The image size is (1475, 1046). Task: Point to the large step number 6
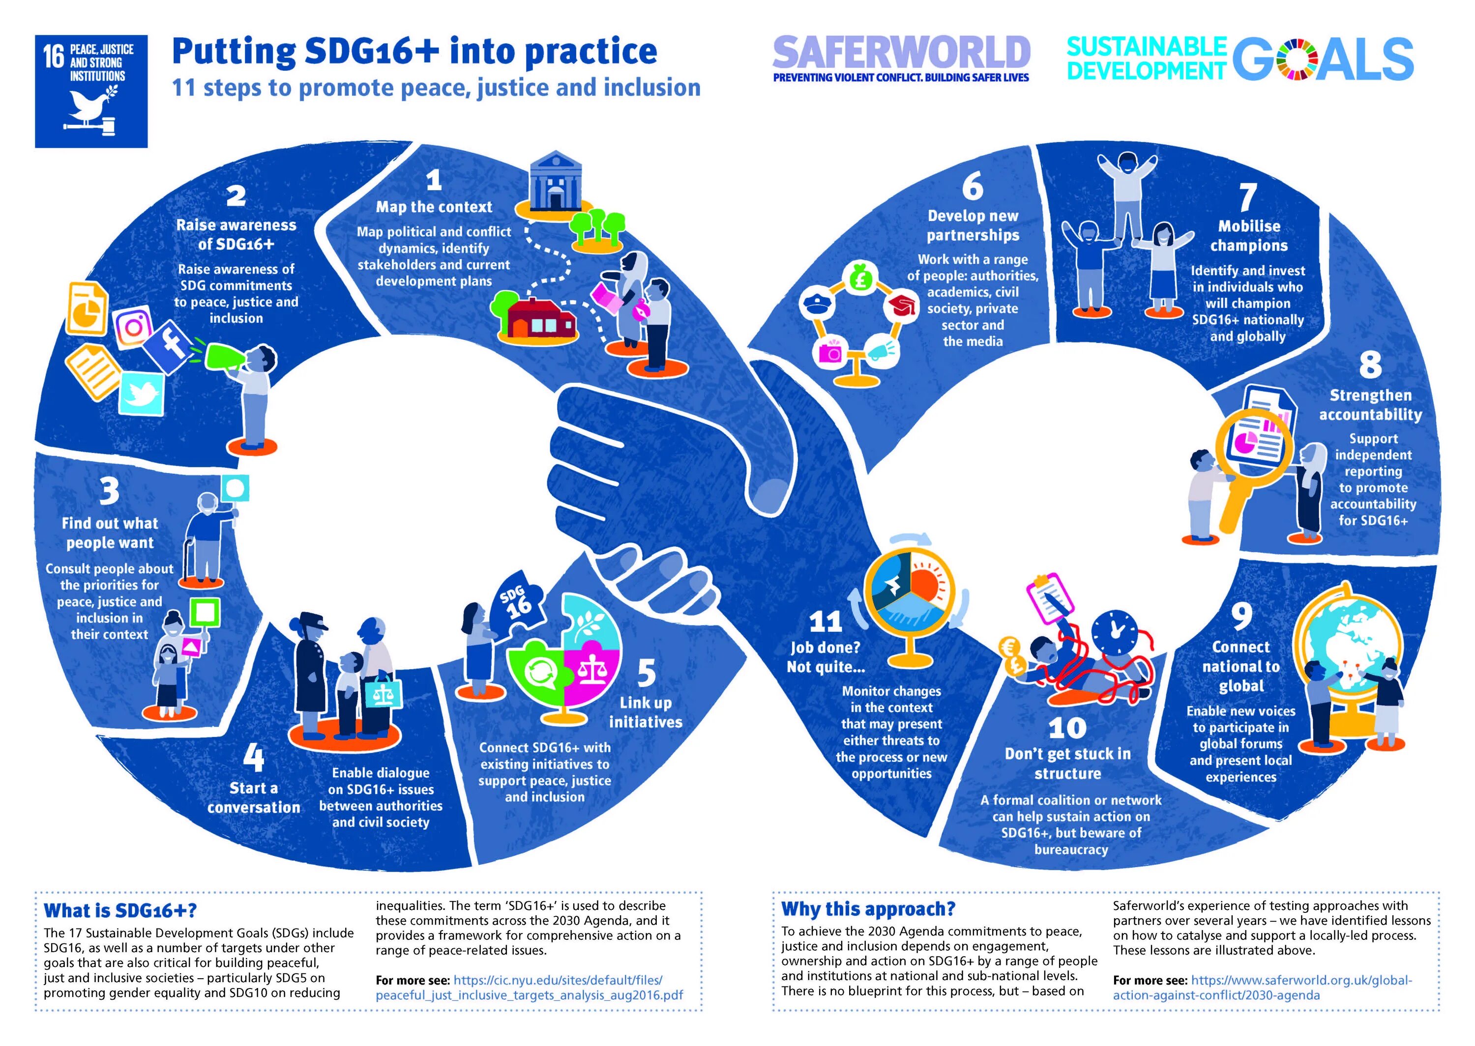point(973,187)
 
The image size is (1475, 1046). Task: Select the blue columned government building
point(556,182)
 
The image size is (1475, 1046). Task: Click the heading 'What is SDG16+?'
point(120,911)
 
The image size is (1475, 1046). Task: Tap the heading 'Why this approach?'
point(868,909)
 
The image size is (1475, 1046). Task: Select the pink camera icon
point(829,352)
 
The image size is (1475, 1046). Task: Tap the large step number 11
point(826,622)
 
